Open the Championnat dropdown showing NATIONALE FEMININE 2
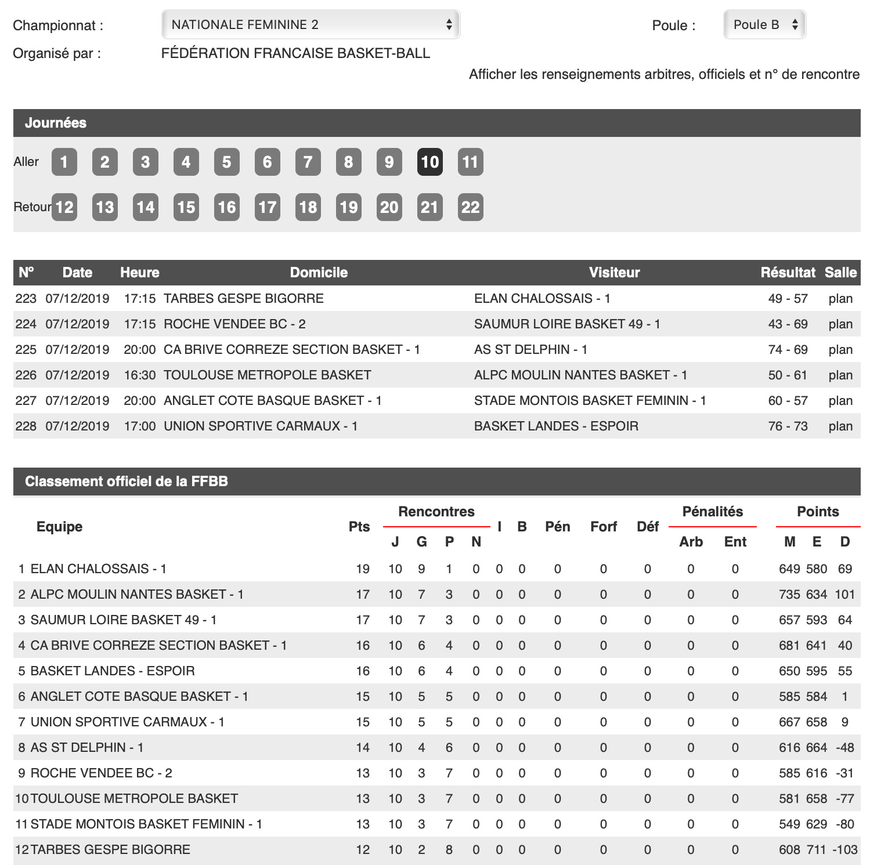click(x=311, y=24)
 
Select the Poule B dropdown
click(x=764, y=24)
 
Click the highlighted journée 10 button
click(x=429, y=162)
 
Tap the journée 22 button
click(x=470, y=207)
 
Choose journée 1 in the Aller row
click(x=64, y=162)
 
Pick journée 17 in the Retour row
click(x=267, y=207)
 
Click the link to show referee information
click(x=664, y=74)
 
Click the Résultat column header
click(x=788, y=273)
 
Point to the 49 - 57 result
click(x=788, y=299)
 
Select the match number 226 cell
click(x=26, y=375)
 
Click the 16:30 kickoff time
click(x=140, y=375)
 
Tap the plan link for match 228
click(x=840, y=426)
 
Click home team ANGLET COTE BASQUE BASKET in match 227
click(x=272, y=401)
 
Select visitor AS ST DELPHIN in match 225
click(x=530, y=350)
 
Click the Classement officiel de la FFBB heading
click(x=127, y=482)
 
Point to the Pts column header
click(x=359, y=527)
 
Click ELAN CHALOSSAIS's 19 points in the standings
click(x=363, y=569)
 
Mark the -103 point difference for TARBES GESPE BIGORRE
click(x=844, y=850)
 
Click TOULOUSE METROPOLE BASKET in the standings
click(x=134, y=799)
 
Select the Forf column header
click(x=604, y=527)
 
